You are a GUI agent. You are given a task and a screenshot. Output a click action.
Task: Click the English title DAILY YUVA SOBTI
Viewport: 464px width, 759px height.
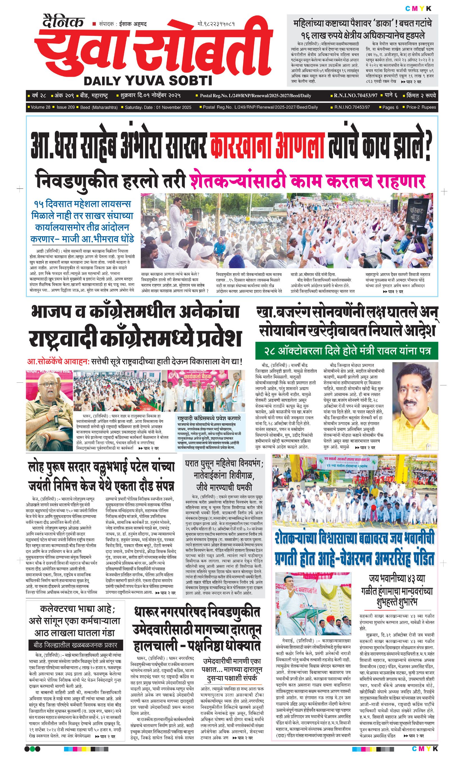click(x=148, y=81)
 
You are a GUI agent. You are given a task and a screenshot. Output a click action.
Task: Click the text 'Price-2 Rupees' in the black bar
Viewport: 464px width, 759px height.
click(x=421, y=107)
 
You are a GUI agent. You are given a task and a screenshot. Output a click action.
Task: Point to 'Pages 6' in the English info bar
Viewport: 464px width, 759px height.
click(x=390, y=107)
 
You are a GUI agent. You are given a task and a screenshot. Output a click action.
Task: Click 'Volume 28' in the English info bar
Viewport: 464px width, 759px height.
click(x=41, y=107)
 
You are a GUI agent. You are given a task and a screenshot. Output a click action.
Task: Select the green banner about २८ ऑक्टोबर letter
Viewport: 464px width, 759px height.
click(x=347, y=351)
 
